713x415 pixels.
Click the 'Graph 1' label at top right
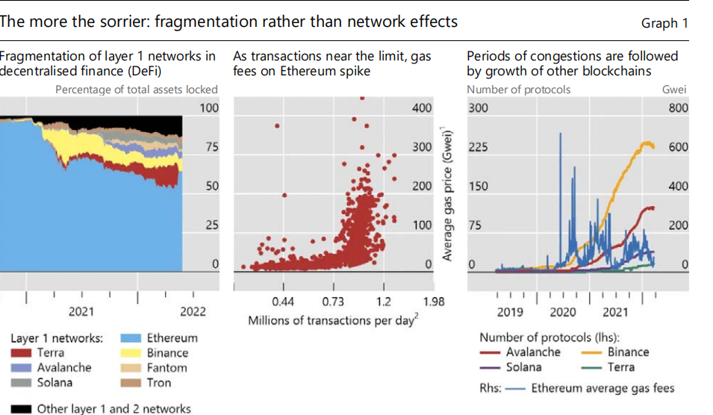pos(664,23)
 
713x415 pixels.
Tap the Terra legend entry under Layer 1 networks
pos(51,352)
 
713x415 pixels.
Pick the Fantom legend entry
pos(166,367)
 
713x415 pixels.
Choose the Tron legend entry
pos(158,382)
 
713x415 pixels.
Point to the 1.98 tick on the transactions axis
pos(434,302)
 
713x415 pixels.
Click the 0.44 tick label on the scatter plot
pos(284,302)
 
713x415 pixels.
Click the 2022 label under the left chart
pos(193,311)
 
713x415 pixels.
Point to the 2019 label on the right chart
pos(510,311)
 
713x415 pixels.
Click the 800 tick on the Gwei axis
pos(677,108)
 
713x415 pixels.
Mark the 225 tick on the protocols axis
pos(478,147)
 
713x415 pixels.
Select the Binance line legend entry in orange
pos(628,352)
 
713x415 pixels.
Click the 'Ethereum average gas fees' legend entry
pos(602,387)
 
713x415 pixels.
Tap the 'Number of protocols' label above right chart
pos(518,90)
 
